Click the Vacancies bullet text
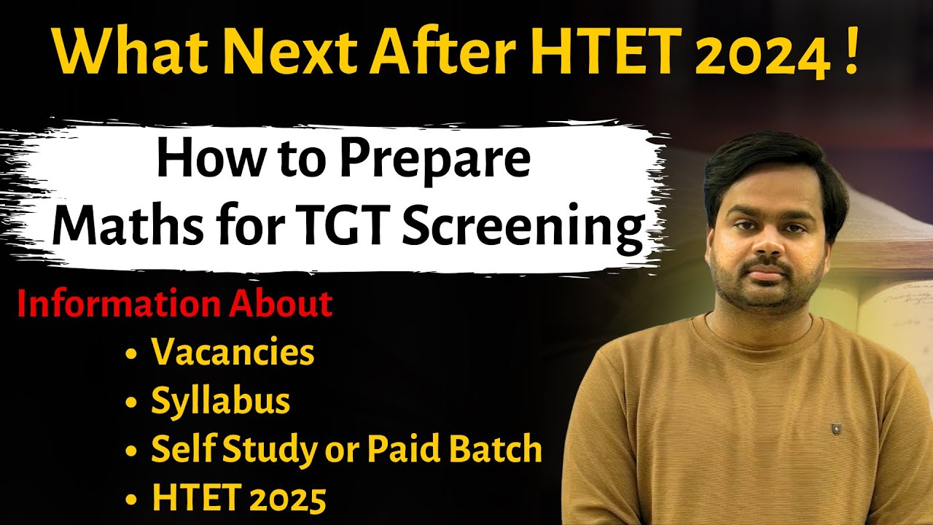tap(233, 354)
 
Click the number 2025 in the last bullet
tap(280, 499)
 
